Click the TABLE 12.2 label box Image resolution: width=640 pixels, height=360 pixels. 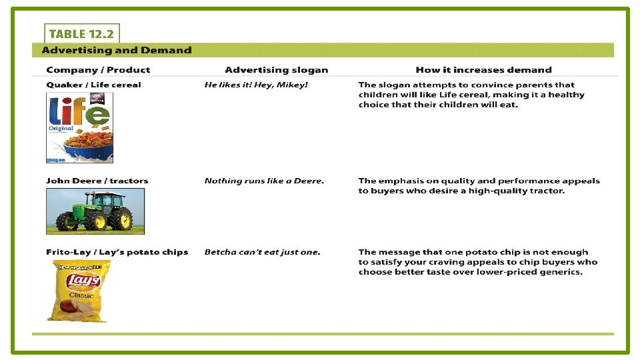(x=81, y=34)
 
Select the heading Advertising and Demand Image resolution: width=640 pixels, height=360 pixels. (x=117, y=50)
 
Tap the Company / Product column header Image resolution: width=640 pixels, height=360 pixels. (x=98, y=70)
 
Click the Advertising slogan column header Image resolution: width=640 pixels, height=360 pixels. (x=276, y=70)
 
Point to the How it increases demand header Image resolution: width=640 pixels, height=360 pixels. (x=483, y=70)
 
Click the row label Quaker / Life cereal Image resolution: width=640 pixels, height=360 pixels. (x=93, y=85)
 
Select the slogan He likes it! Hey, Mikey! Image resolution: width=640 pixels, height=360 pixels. (x=256, y=85)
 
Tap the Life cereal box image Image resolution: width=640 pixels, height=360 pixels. (x=79, y=127)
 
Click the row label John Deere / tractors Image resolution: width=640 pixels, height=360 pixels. (x=97, y=181)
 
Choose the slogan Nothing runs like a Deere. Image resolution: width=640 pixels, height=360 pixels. (x=264, y=181)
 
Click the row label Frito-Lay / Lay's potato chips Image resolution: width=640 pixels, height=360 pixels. (x=117, y=252)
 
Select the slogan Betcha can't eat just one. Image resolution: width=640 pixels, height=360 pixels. (x=262, y=252)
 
